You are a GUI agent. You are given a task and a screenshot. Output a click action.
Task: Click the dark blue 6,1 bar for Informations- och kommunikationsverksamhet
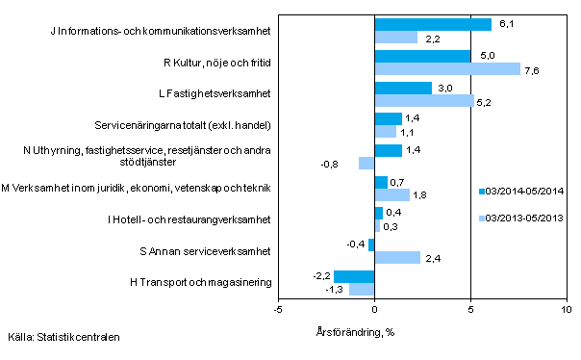(433, 24)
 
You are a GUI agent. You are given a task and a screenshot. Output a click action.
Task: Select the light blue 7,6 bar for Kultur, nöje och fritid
(447, 68)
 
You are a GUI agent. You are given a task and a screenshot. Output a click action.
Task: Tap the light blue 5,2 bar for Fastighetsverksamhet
(424, 100)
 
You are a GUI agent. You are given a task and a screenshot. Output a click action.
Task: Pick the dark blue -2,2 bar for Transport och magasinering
(353, 276)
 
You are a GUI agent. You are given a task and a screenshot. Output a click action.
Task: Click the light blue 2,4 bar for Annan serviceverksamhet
(397, 257)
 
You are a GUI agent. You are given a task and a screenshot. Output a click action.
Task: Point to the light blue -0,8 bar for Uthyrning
(366, 163)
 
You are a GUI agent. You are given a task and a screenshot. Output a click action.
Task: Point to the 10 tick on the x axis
(566, 310)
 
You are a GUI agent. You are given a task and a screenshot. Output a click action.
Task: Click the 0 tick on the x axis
(374, 310)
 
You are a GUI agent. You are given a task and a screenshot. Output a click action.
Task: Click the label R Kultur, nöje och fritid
(213, 63)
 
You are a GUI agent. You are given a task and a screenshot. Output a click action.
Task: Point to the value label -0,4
(355, 244)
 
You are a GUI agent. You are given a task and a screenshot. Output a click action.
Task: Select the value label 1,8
(421, 194)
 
